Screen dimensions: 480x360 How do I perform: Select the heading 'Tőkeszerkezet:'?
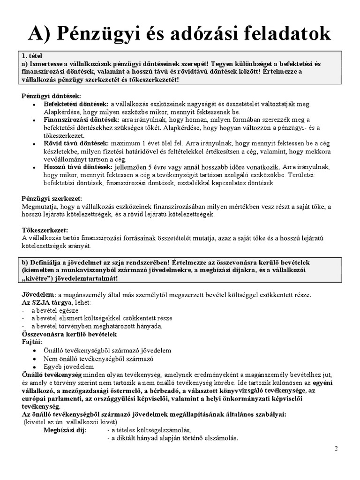point(45,230)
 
